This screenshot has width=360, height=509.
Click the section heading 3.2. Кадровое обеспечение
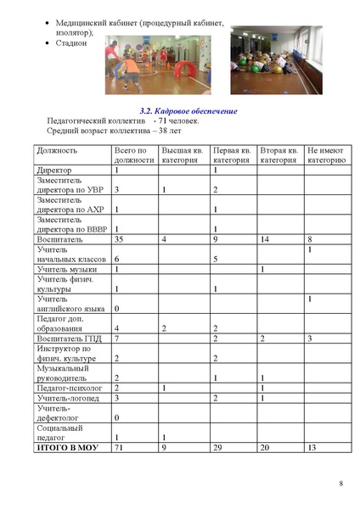(187, 112)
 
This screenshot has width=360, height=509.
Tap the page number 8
(340, 484)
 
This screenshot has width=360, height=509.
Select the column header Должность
(57, 150)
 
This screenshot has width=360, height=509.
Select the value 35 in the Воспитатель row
(120, 239)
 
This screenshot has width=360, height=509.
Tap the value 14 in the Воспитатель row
(264, 239)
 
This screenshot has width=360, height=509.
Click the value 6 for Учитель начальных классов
(116, 258)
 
